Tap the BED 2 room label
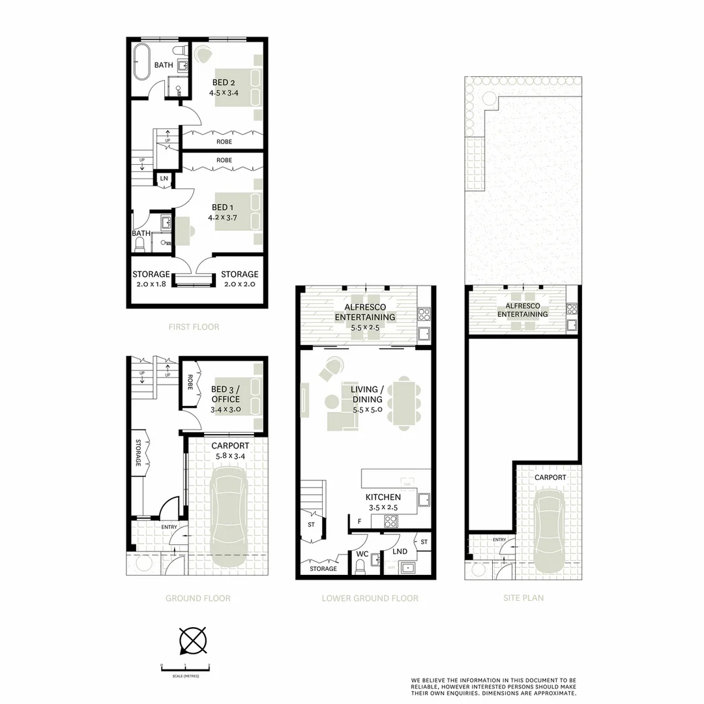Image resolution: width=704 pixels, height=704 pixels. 224,83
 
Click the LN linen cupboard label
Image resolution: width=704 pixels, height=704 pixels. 164,179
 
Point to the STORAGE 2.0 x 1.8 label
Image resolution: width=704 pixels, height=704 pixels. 151,279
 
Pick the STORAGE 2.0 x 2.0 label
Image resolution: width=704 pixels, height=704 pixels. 239,279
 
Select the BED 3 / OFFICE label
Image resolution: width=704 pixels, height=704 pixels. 226,394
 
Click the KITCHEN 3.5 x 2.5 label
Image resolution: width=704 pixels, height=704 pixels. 383,501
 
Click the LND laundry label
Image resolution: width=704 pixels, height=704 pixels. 400,551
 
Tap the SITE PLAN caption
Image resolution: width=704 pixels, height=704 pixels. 523,598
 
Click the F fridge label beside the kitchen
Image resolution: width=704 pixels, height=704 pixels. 359,521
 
